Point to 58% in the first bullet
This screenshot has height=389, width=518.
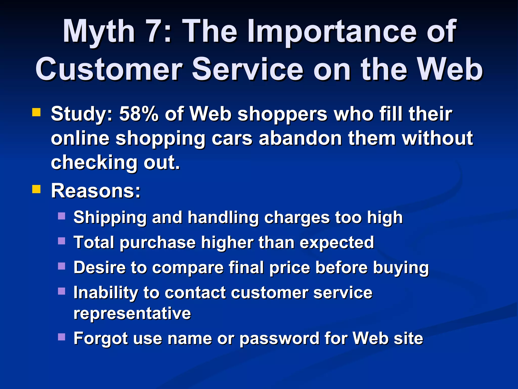pyautogui.click(x=139, y=114)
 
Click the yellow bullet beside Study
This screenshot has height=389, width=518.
pyautogui.click(x=36, y=112)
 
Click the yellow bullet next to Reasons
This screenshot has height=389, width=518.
pyautogui.click(x=36, y=189)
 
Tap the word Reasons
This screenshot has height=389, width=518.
pyautogui.click(x=96, y=191)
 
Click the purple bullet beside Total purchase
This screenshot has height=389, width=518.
pyautogui.click(x=61, y=241)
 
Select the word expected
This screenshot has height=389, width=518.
pyautogui.click(x=337, y=243)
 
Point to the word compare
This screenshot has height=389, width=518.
pyautogui.click(x=188, y=267)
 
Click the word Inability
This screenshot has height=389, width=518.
pyautogui.click(x=105, y=293)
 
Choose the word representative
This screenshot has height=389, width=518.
pyautogui.click(x=132, y=314)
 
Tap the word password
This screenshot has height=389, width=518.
pyautogui.click(x=279, y=339)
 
